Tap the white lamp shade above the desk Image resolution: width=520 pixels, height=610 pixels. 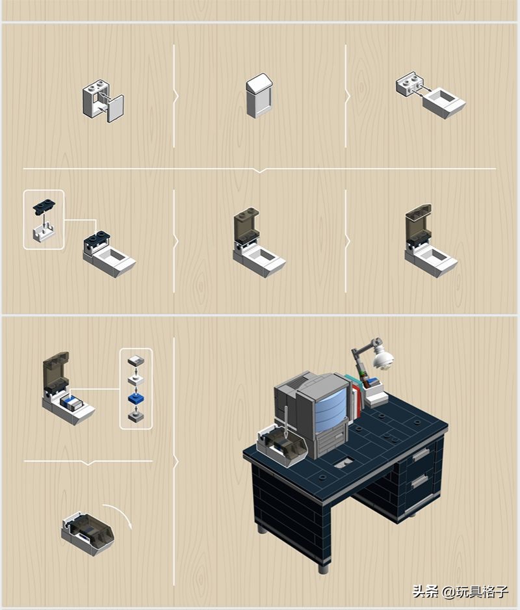382,357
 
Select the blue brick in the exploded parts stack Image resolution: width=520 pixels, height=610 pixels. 135,398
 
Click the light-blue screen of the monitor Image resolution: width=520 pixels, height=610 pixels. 333,410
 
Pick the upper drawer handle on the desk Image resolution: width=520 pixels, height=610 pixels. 420,455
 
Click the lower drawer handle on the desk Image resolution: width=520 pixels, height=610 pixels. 419,481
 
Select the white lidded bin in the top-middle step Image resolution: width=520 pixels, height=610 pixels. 259,96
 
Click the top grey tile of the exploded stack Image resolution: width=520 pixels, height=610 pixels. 136,361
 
